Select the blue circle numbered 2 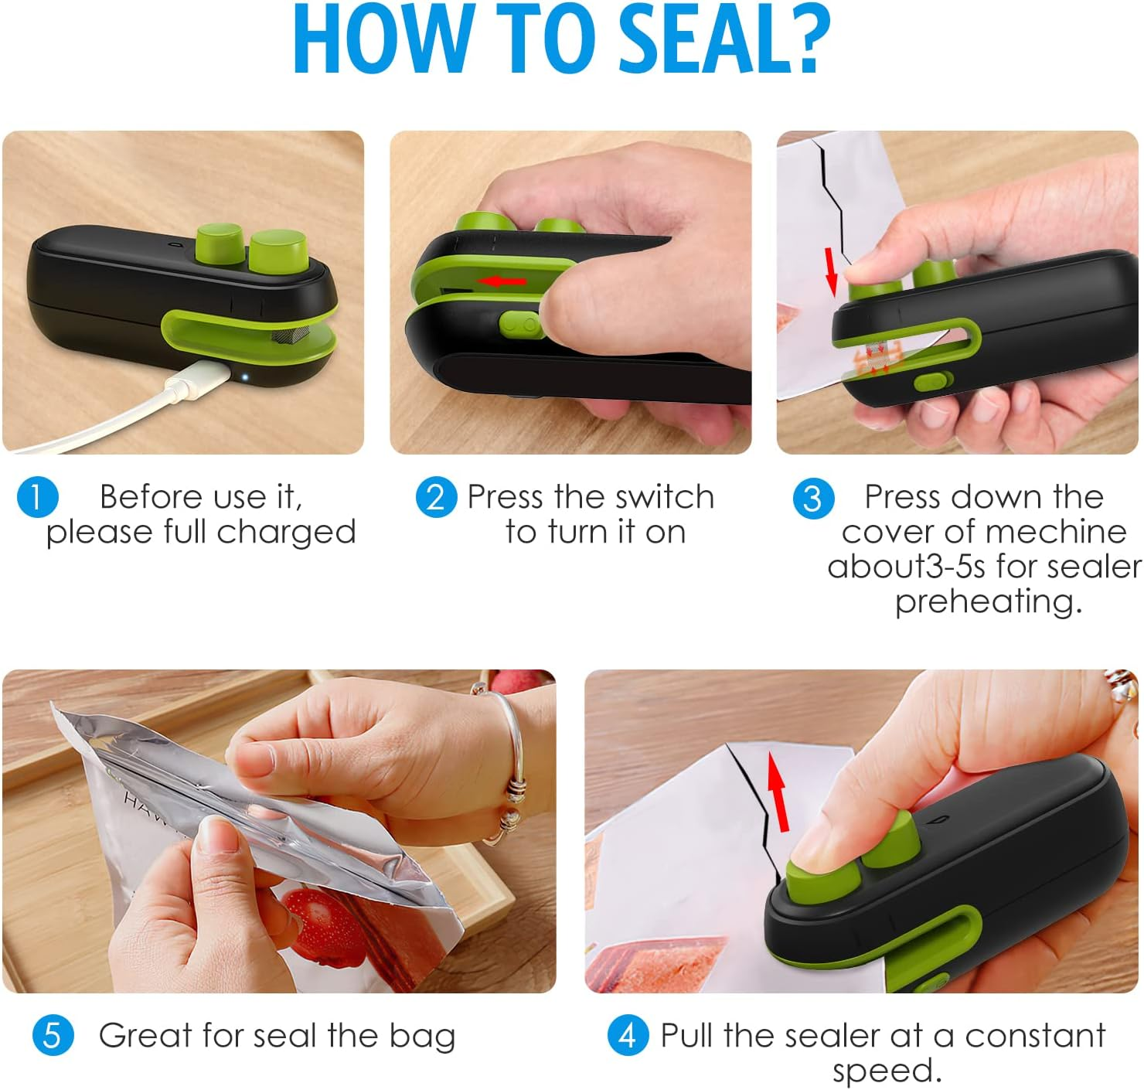coord(435,497)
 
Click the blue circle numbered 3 coord(813,499)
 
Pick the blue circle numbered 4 coord(628,1035)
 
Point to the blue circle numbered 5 coord(53,1035)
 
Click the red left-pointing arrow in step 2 coord(502,281)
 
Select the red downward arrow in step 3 coord(832,271)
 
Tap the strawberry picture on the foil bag coord(321,920)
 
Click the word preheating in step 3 coord(988,601)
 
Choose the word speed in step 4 coord(886,1071)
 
